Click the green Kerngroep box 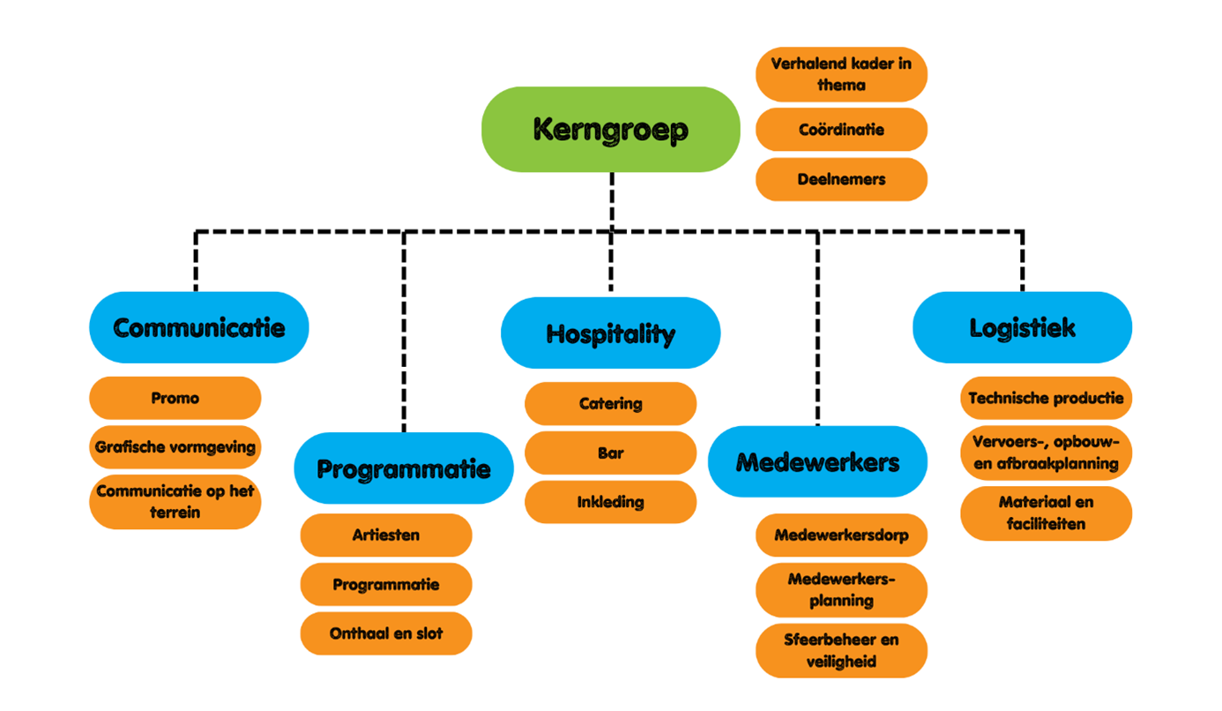coord(610,129)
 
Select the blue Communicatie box coord(199,327)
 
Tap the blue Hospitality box coord(610,333)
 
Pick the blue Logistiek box coord(1022,327)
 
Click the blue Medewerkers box coord(817,461)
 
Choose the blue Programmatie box coord(404,468)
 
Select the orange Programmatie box coord(386,584)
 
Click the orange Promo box coord(175,398)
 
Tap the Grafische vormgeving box coord(175,446)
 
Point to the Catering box coord(610,403)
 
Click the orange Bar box coord(610,453)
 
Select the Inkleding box coord(610,502)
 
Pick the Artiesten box coord(386,535)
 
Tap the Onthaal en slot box coord(386,633)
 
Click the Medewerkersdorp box coord(841,535)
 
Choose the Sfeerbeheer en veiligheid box coord(841,650)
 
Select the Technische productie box coord(1046,398)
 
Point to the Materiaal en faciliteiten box coord(1046,513)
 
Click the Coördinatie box coord(841,130)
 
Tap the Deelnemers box coord(841,179)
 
